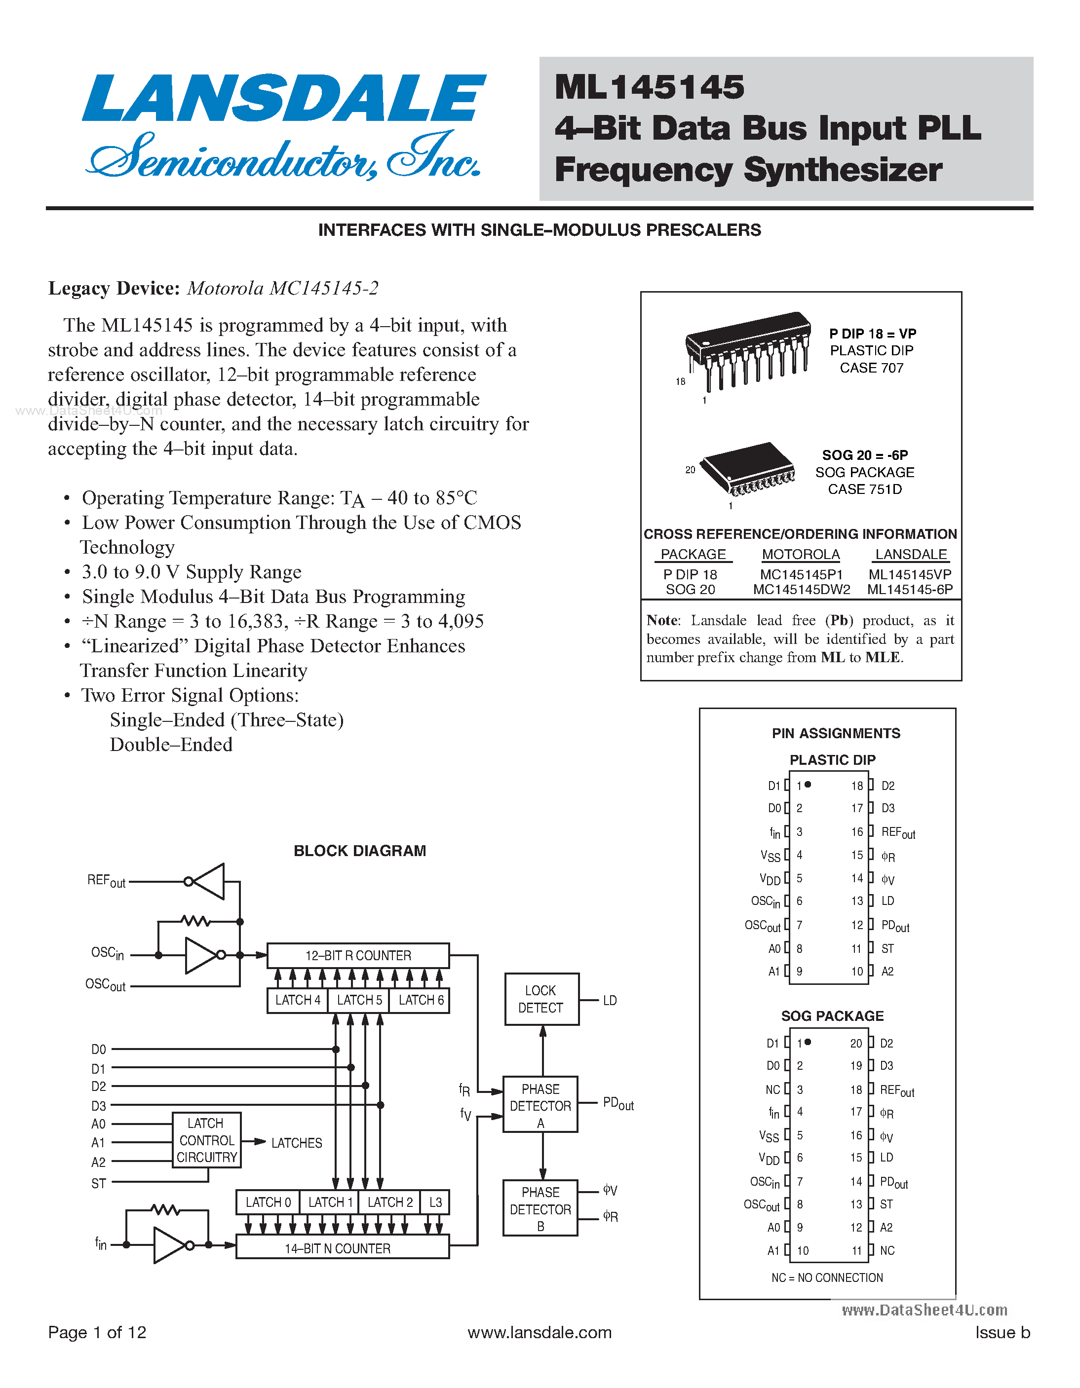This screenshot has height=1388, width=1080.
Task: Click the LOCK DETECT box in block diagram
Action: click(541, 999)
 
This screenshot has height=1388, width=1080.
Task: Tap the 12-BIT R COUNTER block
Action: click(358, 955)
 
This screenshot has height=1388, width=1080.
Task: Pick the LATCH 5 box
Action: click(359, 1000)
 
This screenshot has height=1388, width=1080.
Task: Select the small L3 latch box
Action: click(435, 1202)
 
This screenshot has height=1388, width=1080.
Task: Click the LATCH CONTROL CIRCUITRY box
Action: click(207, 1140)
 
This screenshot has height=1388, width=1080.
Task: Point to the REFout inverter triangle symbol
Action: click(208, 881)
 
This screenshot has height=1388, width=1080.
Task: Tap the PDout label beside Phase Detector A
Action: click(618, 1104)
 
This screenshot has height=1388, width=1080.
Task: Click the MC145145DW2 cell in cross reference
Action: click(801, 590)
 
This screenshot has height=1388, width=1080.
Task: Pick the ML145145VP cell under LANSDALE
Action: click(910, 574)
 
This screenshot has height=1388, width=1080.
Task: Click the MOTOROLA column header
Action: click(801, 554)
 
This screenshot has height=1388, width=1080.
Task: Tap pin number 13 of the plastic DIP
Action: click(857, 901)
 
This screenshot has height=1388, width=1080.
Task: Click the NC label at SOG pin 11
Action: click(887, 1251)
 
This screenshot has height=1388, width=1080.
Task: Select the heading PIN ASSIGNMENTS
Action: click(835, 733)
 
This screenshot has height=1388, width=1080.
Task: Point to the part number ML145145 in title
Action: click(649, 87)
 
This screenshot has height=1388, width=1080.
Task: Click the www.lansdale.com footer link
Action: click(539, 1333)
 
